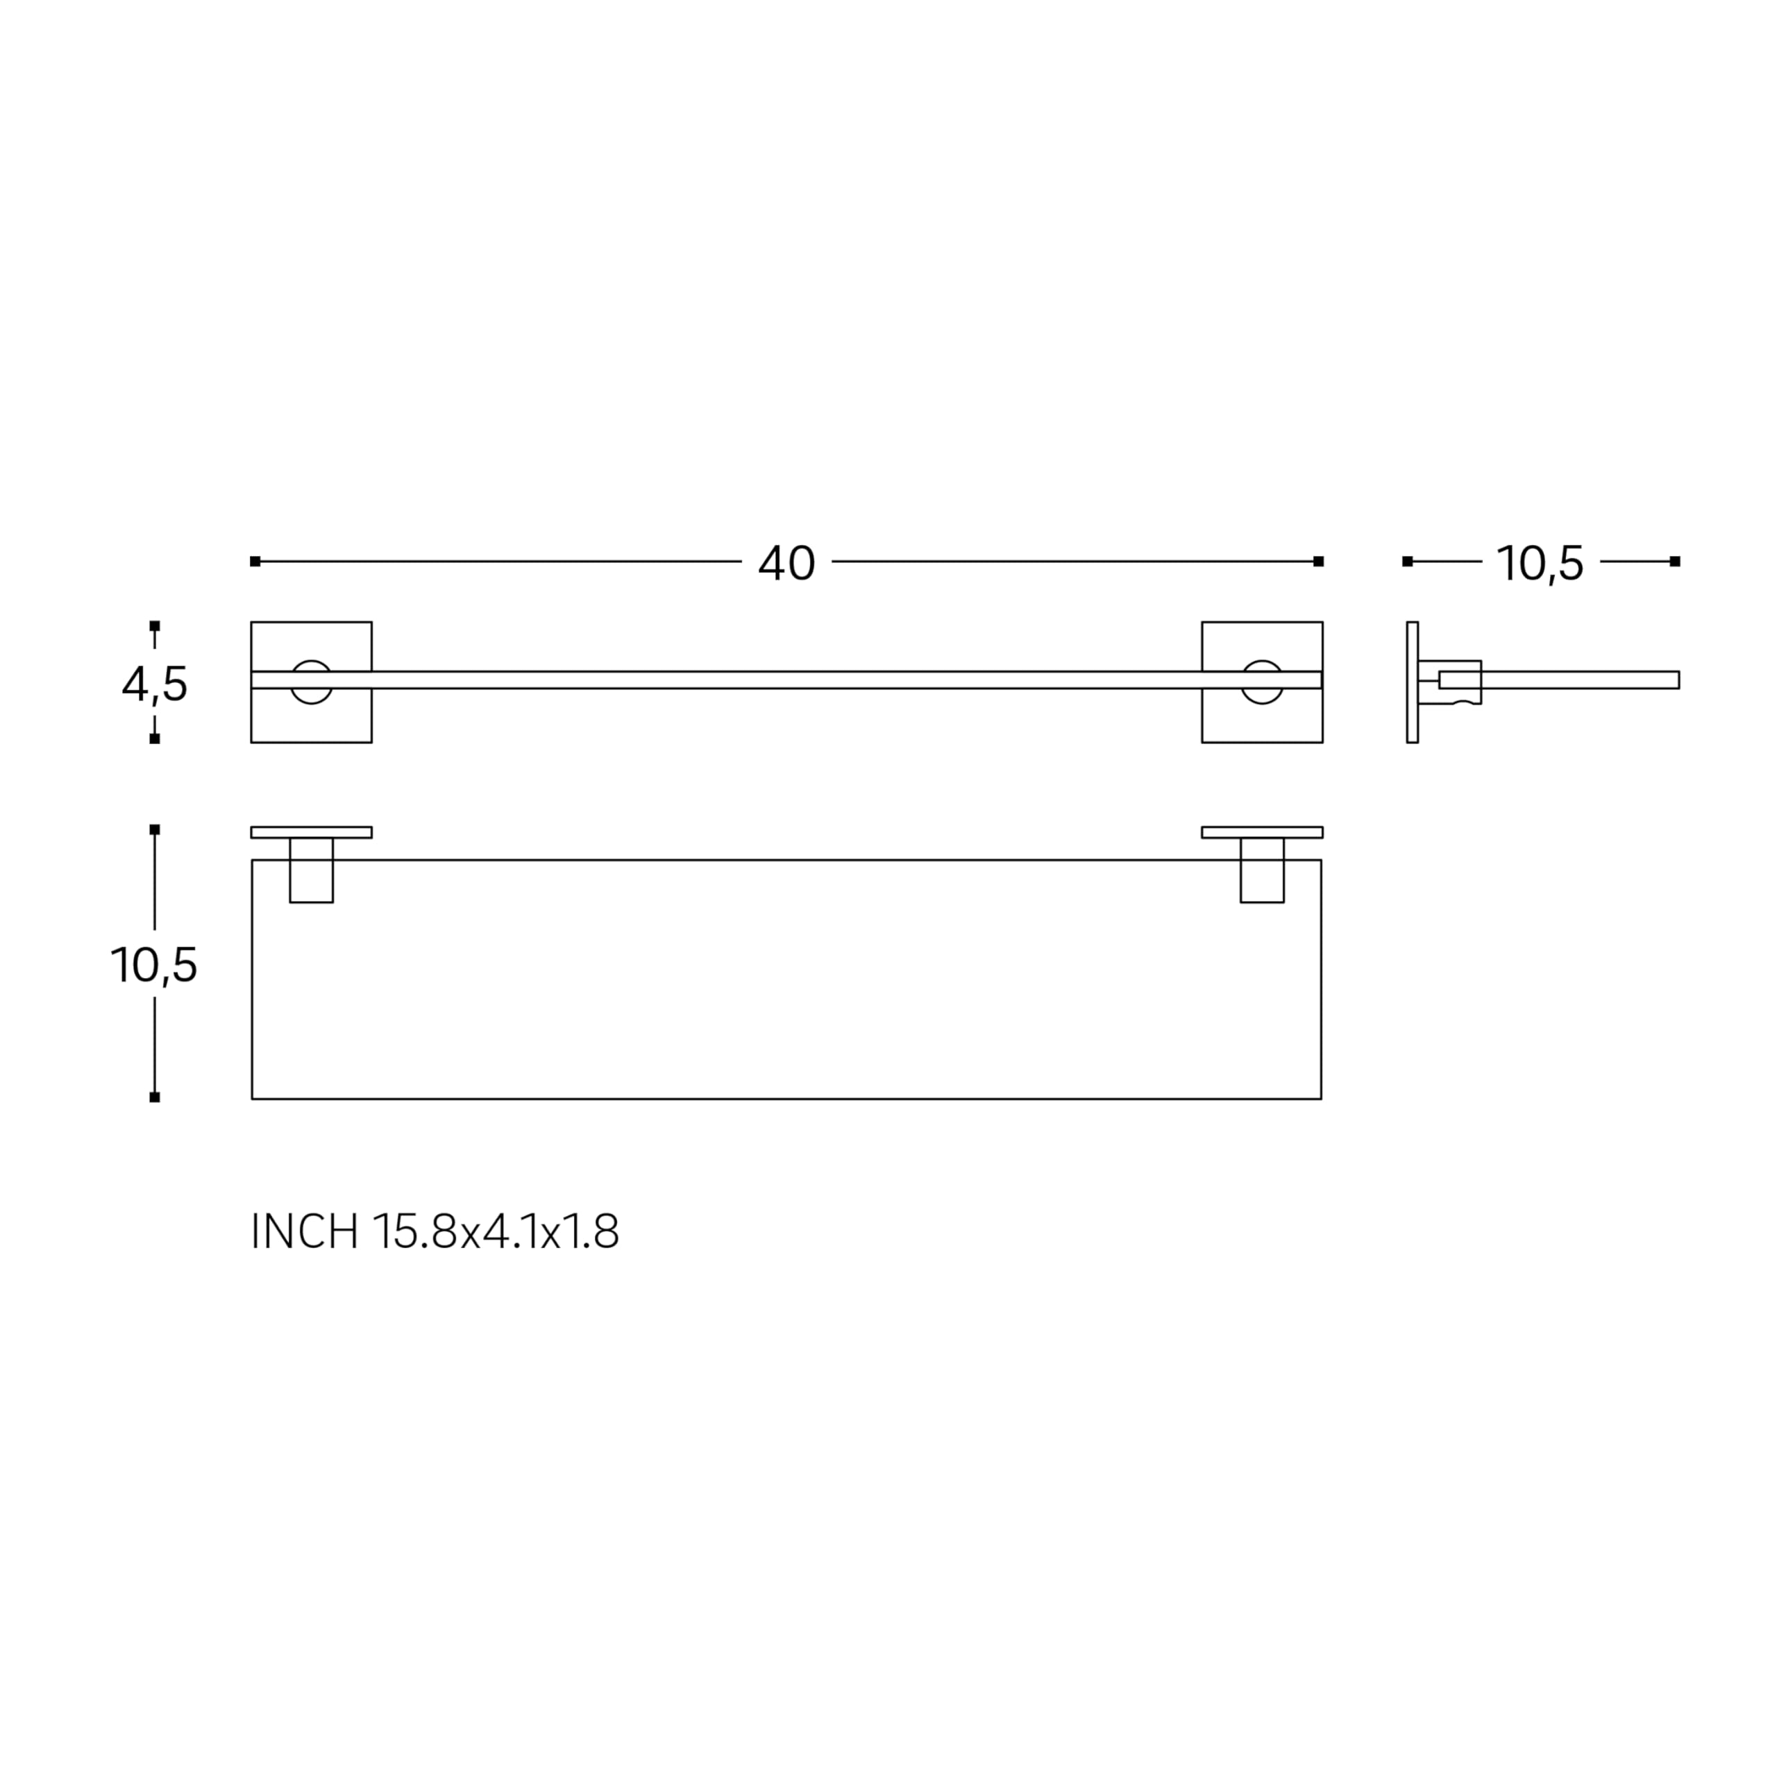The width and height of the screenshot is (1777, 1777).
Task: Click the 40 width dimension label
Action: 786,563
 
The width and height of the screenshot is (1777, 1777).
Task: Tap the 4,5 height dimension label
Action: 155,684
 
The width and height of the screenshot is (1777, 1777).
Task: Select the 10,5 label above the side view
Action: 1540,564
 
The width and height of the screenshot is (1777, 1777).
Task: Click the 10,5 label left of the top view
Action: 153,966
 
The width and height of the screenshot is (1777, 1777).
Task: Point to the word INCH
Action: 305,1231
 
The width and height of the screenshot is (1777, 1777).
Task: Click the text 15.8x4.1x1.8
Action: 496,1231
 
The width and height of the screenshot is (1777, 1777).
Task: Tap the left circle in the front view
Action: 311,682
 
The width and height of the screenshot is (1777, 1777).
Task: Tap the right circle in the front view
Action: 1262,682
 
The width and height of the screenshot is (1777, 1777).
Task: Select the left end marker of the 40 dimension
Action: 255,561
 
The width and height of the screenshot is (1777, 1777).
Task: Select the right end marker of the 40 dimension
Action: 1318,561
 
